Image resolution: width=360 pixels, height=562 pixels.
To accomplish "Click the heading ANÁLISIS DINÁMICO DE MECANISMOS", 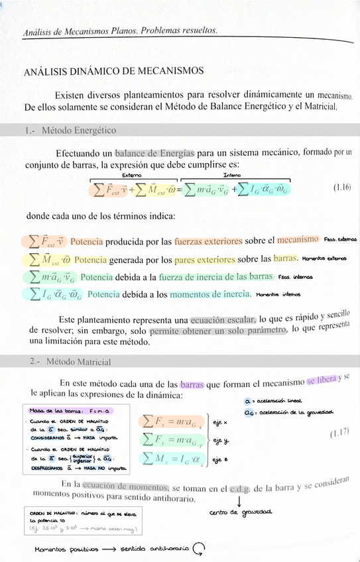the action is coord(113,71).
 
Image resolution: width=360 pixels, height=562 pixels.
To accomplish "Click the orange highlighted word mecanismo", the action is coord(298,239).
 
